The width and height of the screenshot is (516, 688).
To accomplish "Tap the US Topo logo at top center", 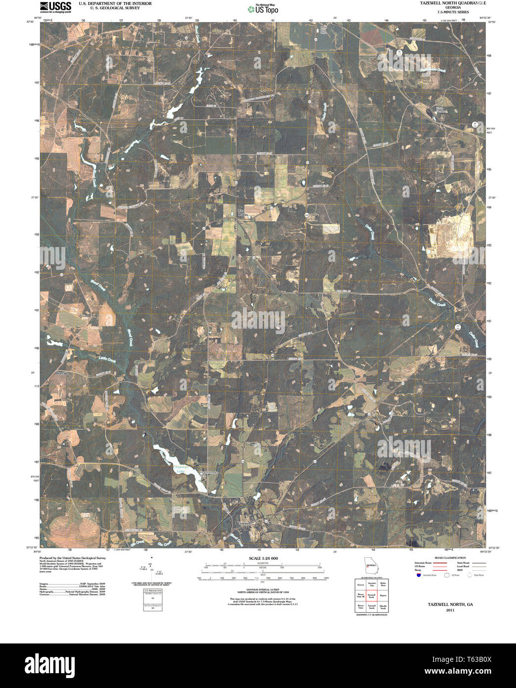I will click(x=263, y=9).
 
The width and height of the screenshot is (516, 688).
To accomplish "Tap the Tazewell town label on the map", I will click(x=245, y=523).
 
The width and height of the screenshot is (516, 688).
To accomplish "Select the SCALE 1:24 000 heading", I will click(x=262, y=558).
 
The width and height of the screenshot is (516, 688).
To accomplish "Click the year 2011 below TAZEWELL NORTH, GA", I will click(x=450, y=610).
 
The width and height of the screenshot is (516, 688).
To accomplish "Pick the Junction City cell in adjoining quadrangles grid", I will click(x=372, y=585).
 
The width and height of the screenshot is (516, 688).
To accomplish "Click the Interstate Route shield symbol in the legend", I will click(x=418, y=576).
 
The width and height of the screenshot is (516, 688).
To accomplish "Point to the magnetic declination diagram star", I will click(x=152, y=557).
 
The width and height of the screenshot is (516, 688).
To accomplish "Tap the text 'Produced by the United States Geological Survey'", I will click(x=73, y=558).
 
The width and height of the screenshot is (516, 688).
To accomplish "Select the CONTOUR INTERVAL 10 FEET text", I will click(x=262, y=589).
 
